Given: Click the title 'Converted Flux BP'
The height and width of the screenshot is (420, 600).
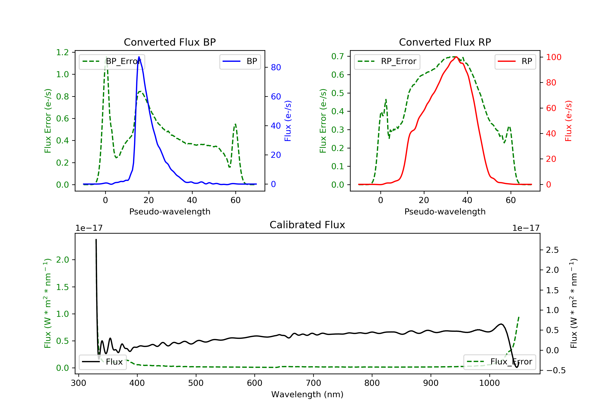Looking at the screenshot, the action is [x=170, y=42].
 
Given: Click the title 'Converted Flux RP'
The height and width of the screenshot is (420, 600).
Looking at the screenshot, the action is [x=445, y=42].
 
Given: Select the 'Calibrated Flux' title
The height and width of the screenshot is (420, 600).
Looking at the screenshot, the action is [x=307, y=225].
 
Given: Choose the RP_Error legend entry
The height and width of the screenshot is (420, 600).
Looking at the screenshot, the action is [x=387, y=62].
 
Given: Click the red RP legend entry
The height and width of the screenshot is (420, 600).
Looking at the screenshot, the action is [x=515, y=62].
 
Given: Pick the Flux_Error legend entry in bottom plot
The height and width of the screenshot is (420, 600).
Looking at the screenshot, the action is [x=499, y=362].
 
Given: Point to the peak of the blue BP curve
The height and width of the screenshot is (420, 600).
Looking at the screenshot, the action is [x=139, y=57].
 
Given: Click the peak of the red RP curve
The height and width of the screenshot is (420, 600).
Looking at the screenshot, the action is [x=456, y=57].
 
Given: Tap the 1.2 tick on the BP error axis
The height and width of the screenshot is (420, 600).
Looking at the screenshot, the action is [x=62, y=53].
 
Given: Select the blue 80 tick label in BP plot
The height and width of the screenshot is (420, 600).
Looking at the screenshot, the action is [x=276, y=67].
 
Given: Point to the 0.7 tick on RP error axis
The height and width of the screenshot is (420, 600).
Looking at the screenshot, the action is [x=338, y=56].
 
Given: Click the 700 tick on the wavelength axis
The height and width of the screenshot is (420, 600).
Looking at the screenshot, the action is [x=313, y=383].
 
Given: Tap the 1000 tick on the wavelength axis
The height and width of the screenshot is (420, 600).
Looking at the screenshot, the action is [x=489, y=383].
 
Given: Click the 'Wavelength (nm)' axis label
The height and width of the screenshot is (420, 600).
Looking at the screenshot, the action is [x=307, y=394].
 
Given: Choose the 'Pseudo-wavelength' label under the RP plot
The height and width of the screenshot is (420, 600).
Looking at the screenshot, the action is [x=445, y=211].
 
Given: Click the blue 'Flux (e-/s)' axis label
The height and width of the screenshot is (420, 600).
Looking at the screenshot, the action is [x=288, y=121].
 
